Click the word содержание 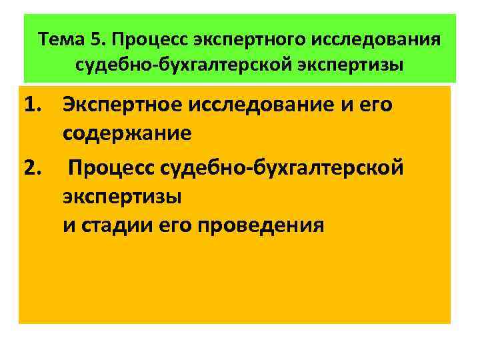(127, 133)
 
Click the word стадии (116, 225)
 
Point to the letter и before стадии (69, 225)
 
